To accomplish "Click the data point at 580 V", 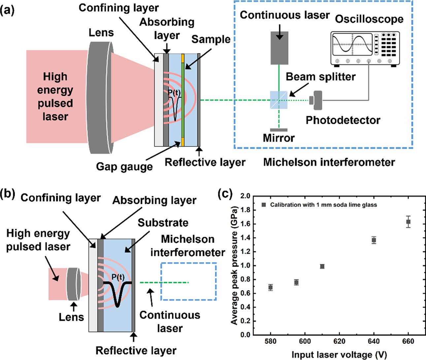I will pos(271,287).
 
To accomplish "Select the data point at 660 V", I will pos(408,222).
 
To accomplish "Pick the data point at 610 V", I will pos(322,266).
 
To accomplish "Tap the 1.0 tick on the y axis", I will pos(246,266).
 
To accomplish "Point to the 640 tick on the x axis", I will pos(374,341).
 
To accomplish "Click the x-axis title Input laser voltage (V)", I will pos(339,355).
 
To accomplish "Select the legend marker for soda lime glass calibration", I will pos(264,205).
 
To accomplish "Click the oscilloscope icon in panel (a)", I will pos(365,48).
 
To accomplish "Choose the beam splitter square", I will pos(279,100).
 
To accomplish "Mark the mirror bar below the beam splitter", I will pos(279,130).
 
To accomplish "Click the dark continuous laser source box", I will pos(279,48).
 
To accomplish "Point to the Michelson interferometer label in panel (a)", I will pos(329,162).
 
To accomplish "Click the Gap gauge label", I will pos(124,166).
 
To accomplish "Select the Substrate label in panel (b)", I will pos(163,223).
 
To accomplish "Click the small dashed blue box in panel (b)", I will pos(188,281).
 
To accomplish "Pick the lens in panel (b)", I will pos(74,284).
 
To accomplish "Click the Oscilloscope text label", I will pos(369,19).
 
